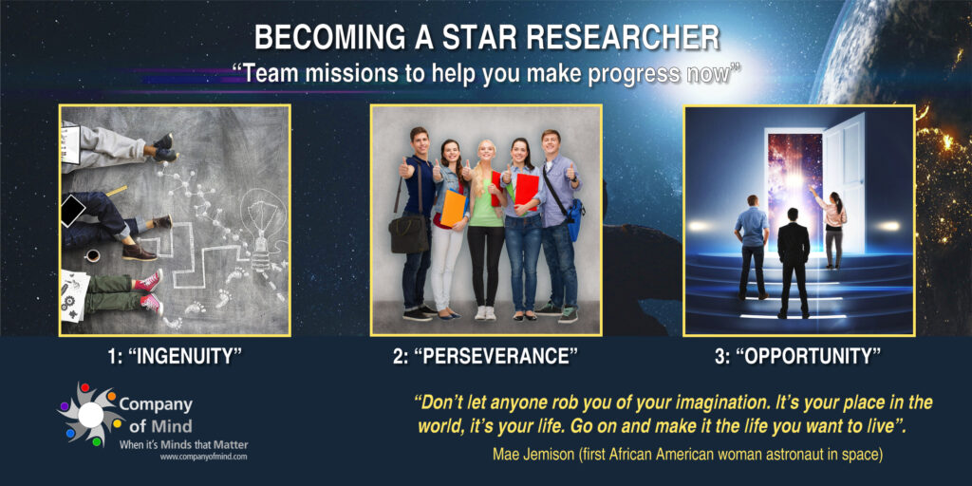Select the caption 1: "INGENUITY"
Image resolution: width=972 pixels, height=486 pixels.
(175, 357)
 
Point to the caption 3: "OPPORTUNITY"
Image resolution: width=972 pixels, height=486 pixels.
(797, 357)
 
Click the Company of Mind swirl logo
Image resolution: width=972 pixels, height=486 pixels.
(91, 414)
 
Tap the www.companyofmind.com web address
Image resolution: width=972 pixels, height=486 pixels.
(204, 457)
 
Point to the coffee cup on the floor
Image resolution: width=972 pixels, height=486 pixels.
(92, 255)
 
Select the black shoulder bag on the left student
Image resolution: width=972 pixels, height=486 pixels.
(408, 234)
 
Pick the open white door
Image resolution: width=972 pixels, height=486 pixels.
(844, 184)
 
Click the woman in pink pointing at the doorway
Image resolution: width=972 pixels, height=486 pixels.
(832, 227)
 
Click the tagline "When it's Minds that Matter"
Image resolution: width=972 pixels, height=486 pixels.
(184, 444)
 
